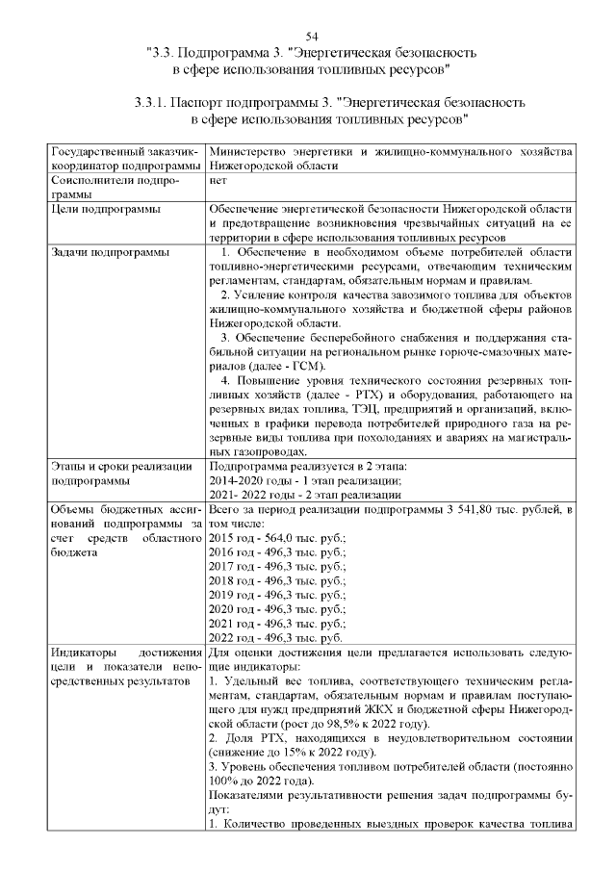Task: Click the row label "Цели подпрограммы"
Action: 106,208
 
